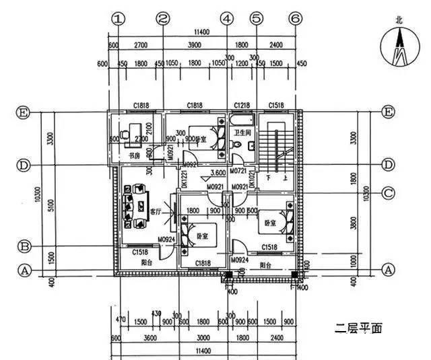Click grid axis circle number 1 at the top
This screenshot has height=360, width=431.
[119, 20]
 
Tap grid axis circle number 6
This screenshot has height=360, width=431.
[294, 20]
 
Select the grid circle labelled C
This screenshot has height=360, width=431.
[388, 194]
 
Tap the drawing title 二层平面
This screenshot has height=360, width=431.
[359, 329]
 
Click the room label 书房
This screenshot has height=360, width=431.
[134, 156]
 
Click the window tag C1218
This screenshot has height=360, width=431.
[242, 106]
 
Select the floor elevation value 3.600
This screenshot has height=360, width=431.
[218, 172]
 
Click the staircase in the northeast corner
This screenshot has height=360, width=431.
[277, 145]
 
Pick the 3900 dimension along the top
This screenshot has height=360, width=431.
[194, 45]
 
